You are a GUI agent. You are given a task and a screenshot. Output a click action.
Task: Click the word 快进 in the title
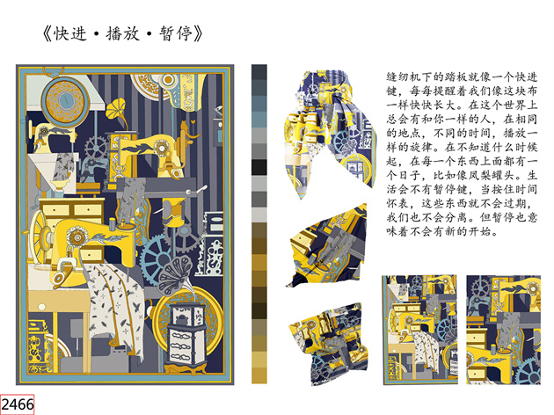(69, 34)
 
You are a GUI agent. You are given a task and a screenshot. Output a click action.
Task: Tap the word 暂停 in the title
(176, 34)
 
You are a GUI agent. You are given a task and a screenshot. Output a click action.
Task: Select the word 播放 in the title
(122, 34)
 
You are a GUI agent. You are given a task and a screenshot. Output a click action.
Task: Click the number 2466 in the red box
(18, 404)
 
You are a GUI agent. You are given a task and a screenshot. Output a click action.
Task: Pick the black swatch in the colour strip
(259, 167)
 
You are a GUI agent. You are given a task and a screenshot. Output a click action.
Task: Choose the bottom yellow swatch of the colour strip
(259, 375)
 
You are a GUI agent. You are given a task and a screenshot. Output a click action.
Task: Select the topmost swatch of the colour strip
(259, 72)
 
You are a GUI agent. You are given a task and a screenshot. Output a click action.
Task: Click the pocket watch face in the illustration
(65, 99)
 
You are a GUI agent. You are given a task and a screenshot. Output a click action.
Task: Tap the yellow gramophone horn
(116, 108)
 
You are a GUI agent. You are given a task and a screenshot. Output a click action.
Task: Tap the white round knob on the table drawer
(41, 307)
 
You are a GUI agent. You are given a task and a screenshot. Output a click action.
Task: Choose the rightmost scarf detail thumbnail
(504, 330)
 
